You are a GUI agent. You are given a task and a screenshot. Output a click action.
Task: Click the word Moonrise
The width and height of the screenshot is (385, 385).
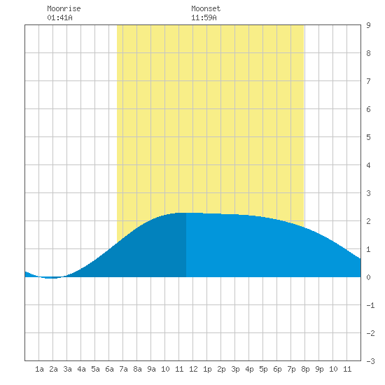[x=64, y=9]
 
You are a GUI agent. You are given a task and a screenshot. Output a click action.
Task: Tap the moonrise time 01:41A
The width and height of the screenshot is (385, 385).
[x=59, y=17]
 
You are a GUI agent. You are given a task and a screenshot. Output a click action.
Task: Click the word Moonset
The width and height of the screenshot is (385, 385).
[x=206, y=9]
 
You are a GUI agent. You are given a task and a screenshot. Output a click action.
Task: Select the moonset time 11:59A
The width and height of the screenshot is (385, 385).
[x=204, y=17]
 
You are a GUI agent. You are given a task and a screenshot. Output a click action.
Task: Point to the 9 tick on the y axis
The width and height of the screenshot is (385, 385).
[x=368, y=25]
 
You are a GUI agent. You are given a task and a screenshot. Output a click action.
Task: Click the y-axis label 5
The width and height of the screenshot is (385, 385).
[x=368, y=137]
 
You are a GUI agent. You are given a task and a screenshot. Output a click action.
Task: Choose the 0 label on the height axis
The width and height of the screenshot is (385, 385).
[x=368, y=277]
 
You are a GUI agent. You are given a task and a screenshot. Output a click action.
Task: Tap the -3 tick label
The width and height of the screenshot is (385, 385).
[x=370, y=361]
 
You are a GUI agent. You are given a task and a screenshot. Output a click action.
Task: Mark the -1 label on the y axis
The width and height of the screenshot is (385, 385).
[x=370, y=305]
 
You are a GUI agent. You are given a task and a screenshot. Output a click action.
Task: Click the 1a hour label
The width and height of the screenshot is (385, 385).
[x=39, y=369]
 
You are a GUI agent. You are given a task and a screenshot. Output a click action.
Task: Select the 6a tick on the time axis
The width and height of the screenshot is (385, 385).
[x=109, y=369]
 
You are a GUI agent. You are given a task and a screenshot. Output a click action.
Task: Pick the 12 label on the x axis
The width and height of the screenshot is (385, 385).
[x=193, y=369]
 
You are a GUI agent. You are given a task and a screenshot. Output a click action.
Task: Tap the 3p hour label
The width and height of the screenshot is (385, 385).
[x=235, y=369]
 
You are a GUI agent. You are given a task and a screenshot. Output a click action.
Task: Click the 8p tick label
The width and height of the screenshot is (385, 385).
[x=305, y=369]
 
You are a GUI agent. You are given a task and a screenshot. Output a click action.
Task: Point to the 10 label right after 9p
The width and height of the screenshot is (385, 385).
[x=333, y=369]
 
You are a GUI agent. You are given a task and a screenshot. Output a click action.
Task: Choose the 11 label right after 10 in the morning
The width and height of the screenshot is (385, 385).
[x=179, y=369]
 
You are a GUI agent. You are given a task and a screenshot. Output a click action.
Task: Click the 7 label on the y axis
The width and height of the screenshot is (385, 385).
[x=368, y=81]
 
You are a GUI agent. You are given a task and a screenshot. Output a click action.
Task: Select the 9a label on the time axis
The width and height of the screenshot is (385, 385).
[x=151, y=369]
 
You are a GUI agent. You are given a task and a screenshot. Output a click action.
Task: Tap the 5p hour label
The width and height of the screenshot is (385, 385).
[x=263, y=369]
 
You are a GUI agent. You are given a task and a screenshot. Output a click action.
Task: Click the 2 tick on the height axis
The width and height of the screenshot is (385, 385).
[x=368, y=221]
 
